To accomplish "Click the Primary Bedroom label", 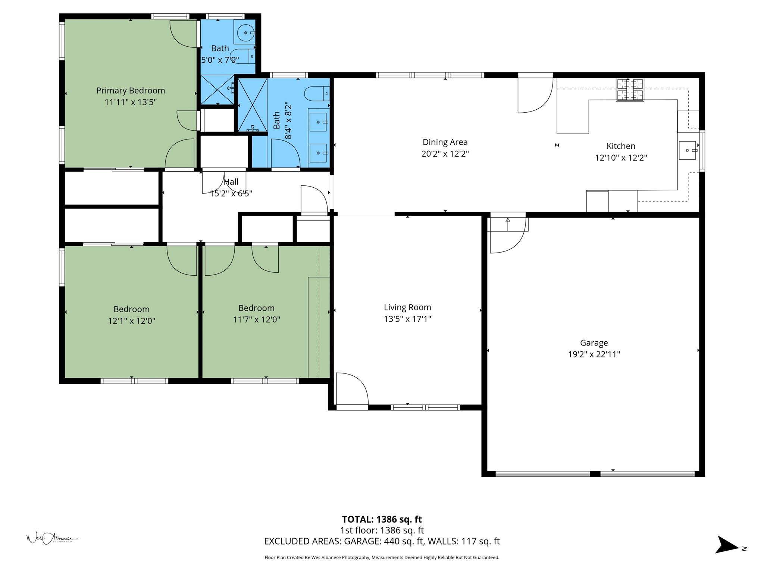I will (x=131, y=91).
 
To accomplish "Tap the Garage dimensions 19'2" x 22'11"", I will (x=594, y=354).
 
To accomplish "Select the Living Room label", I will (x=407, y=307).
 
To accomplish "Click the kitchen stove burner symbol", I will (x=630, y=90).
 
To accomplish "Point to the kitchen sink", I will (x=687, y=150).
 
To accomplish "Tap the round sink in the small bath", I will (x=246, y=33).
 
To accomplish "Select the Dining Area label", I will (x=445, y=142).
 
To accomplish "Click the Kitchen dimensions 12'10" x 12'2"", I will (x=621, y=158).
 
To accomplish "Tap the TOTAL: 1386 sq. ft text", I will (x=382, y=519).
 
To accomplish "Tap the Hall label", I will (x=231, y=182).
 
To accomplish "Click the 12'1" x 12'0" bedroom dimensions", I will (x=132, y=321).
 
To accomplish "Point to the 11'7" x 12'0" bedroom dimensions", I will (x=256, y=320).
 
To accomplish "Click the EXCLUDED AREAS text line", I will (x=382, y=541).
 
